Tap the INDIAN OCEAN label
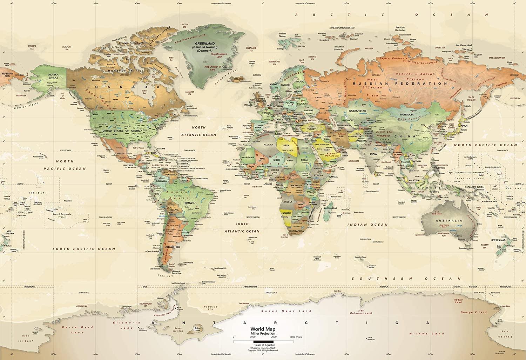[x=367, y=225]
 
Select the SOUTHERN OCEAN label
[x=406, y=278]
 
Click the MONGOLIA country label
[x=405, y=114]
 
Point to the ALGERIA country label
[x=268, y=145]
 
